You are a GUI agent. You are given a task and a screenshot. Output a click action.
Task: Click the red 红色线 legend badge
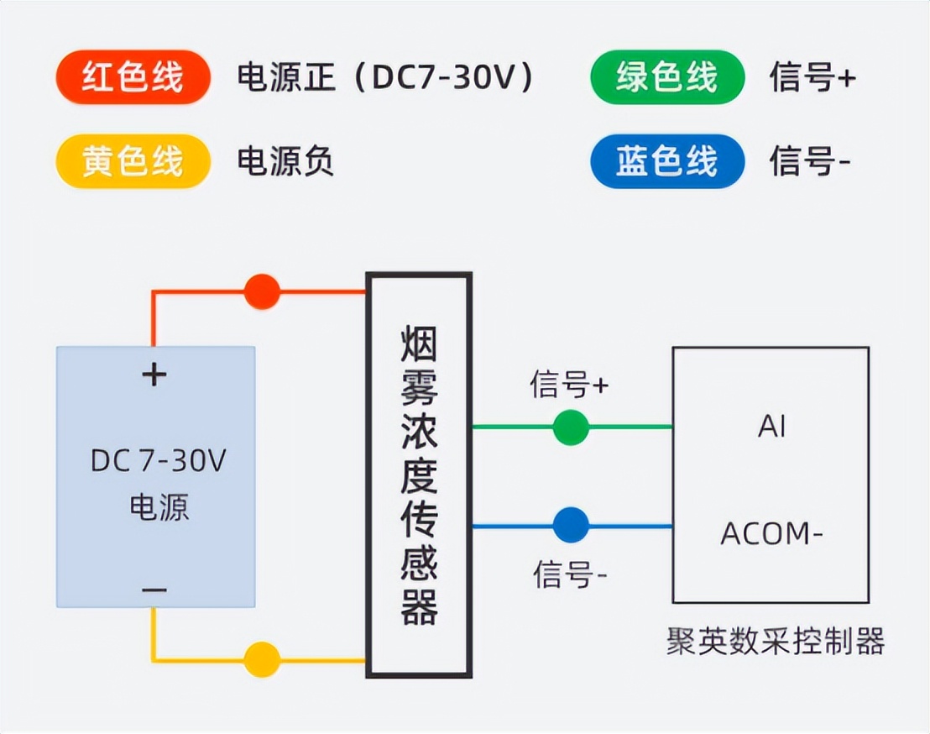[x=133, y=77]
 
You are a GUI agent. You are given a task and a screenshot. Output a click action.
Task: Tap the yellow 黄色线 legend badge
[x=133, y=160]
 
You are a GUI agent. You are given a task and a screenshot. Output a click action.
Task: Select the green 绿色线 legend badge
[x=667, y=77]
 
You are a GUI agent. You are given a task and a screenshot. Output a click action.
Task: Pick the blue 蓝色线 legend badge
[x=667, y=160]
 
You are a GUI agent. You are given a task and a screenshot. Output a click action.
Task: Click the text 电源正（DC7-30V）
[x=385, y=77]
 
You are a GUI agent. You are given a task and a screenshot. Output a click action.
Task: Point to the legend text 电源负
[x=285, y=160]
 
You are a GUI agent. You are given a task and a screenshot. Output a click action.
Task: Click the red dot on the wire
[x=261, y=291]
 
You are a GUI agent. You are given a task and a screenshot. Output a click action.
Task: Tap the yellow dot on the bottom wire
[x=261, y=659]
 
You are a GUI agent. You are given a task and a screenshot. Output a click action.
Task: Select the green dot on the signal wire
[x=571, y=427]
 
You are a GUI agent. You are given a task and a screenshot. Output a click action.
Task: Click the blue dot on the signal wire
[x=571, y=526]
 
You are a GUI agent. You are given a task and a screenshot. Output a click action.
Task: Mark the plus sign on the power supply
[x=154, y=375]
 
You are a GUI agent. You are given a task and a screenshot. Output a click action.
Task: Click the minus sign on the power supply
[x=154, y=591]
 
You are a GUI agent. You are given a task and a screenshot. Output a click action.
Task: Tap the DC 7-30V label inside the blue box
[x=158, y=461]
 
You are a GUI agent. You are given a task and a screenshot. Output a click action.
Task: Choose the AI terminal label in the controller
[x=771, y=427]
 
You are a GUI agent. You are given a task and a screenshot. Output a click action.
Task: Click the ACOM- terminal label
[x=771, y=533]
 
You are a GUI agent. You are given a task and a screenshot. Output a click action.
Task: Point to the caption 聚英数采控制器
[x=776, y=642]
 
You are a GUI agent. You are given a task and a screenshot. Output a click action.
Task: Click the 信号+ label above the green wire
[x=569, y=385]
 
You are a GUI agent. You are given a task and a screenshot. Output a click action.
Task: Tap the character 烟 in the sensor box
[x=419, y=343]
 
